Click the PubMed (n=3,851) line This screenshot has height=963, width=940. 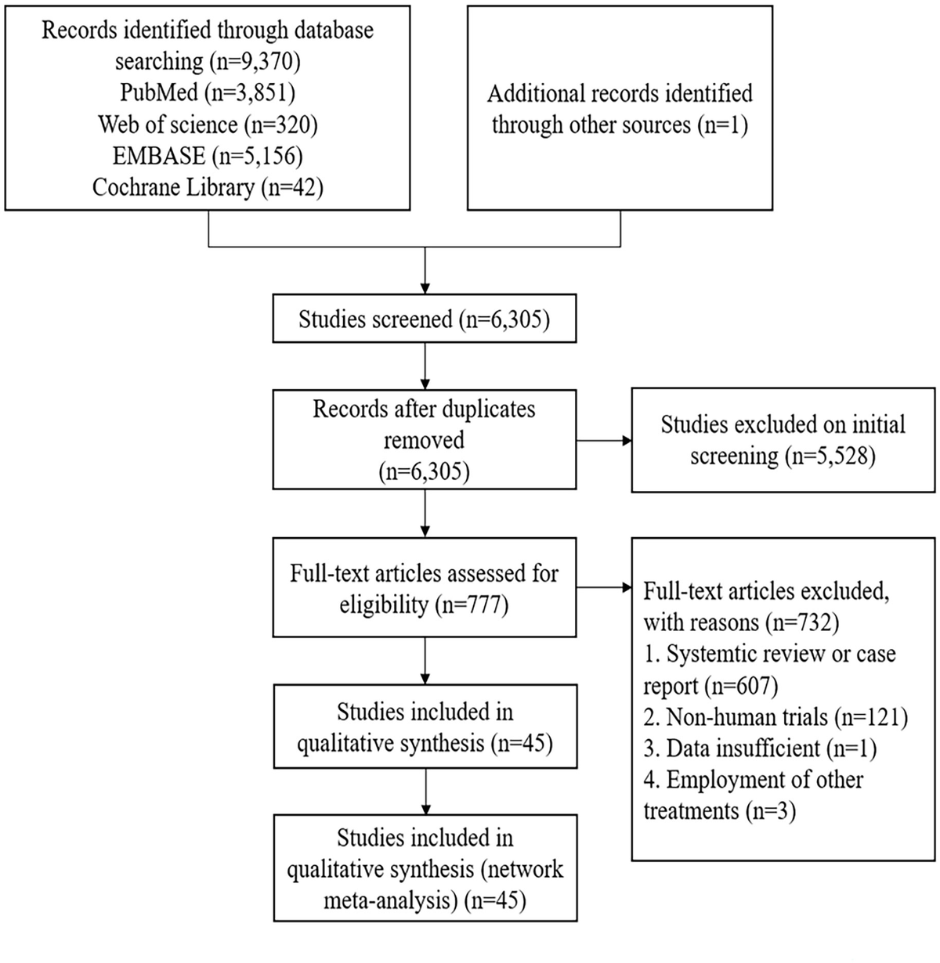pos(208,92)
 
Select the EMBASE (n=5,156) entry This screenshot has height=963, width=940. pos(208,156)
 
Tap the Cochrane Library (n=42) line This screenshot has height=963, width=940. pos(208,188)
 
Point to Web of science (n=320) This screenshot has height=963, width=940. pos(208,124)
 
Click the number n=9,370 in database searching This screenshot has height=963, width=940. pos(255,61)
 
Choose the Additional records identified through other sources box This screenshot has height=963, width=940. pos(620,108)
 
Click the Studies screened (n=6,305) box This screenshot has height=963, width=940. pos(425,318)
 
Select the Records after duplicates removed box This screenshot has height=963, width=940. pos(425,439)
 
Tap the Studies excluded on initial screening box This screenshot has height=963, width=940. pos(783,440)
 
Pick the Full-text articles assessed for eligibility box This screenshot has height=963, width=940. pos(425,587)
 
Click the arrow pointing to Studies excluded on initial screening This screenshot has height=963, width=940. pos(604,440)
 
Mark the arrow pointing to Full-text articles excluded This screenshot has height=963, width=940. pos(604,587)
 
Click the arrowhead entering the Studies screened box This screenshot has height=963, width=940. pos(425,288)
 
